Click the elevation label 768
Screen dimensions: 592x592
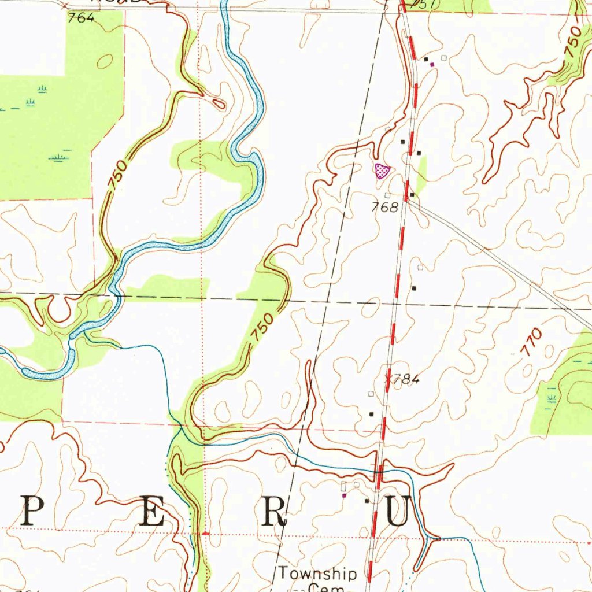[x=385, y=207]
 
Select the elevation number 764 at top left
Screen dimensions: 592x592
[x=80, y=18]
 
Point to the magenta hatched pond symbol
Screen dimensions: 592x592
[x=382, y=170]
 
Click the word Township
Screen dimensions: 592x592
[x=318, y=573]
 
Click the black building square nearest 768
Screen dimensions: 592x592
[x=412, y=195]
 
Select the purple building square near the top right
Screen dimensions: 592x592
[x=432, y=65]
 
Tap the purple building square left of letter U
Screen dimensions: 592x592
[x=345, y=495]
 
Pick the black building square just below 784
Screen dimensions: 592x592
[x=372, y=414]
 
